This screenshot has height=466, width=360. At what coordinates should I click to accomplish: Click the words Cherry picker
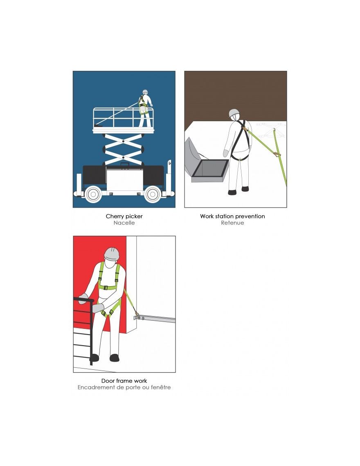click(124, 216)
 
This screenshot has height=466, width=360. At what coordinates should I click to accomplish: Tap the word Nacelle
click(124, 223)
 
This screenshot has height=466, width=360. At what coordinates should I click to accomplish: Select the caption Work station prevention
click(232, 216)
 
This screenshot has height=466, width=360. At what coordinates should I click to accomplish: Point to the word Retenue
click(232, 223)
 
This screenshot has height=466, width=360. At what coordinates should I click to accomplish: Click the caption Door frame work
click(124, 381)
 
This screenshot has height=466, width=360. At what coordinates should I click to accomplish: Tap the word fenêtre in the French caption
click(160, 387)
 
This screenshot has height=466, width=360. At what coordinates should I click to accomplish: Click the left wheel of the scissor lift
click(93, 194)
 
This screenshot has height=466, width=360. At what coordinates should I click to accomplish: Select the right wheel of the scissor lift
click(153, 194)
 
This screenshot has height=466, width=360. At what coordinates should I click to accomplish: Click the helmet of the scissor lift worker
click(145, 92)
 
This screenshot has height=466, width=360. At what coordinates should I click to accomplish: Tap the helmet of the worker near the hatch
click(234, 113)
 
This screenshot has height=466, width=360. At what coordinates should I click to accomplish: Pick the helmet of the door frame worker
click(112, 254)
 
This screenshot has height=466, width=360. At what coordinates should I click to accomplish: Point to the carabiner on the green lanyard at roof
click(277, 154)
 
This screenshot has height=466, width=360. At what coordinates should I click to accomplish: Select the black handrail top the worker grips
click(84, 300)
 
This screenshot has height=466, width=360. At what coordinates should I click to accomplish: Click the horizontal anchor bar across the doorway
click(155, 319)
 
